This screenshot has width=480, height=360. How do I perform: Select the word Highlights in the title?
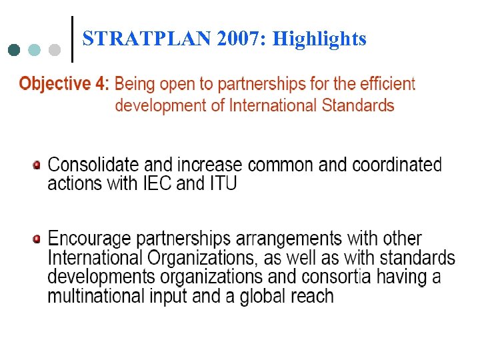320,39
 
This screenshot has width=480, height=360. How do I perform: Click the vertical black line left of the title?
72,39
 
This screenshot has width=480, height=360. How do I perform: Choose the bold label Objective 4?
64,84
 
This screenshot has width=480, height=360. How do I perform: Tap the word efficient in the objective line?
387,84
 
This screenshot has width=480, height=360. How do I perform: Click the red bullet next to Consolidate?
37,164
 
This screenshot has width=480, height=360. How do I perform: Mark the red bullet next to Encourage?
37,238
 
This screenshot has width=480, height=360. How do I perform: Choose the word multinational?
91,295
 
